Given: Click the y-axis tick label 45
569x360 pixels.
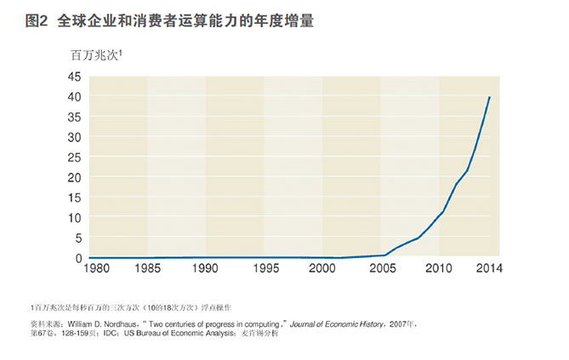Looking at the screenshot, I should (x=74, y=77).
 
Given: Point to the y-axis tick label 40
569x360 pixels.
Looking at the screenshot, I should (x=74, y=96).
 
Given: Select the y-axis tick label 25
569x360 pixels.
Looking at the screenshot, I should (x=74, y=157).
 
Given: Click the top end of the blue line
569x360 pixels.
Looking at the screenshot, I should (x=489, y=97).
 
